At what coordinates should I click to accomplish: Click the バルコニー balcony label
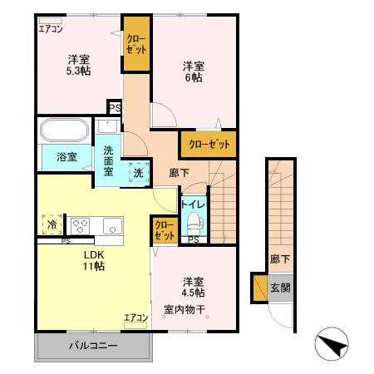coord(92,345)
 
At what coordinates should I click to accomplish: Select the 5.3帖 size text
coord(79,71)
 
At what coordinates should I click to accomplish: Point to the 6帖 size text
coord(193,78)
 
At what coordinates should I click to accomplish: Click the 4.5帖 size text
coord(194,293)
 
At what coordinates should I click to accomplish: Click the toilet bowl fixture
coord(193,221)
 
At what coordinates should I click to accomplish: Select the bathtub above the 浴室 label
coord(63,131)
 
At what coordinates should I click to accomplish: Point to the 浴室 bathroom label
coord(54,155)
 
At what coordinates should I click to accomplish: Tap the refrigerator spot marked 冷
coord(52,224)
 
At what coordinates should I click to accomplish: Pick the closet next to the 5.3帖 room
coord(136,43)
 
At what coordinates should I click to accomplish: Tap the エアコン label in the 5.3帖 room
coord(51,28)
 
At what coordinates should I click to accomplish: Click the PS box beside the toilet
coord(193,240)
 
